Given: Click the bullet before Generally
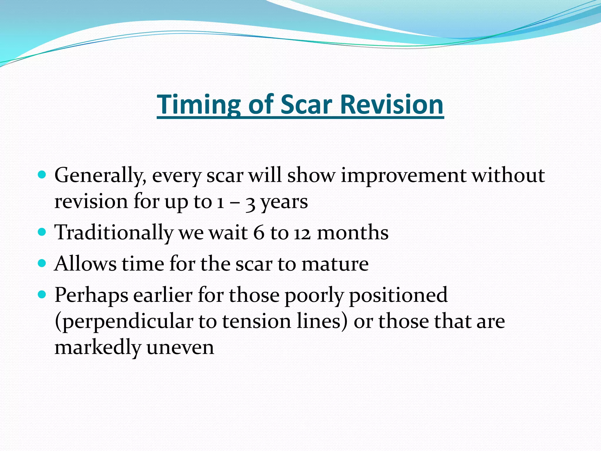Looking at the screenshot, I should pos(42,175).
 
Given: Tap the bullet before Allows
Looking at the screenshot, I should pos(42,263).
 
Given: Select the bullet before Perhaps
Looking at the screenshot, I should pos(42,295).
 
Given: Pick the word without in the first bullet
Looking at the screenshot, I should pos(508,175).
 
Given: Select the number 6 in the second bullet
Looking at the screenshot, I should pos(259,233).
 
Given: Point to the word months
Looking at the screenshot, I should pos(353,233).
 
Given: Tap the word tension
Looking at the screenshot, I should pos(256,321).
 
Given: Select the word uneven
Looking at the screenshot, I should pos(180,348).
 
